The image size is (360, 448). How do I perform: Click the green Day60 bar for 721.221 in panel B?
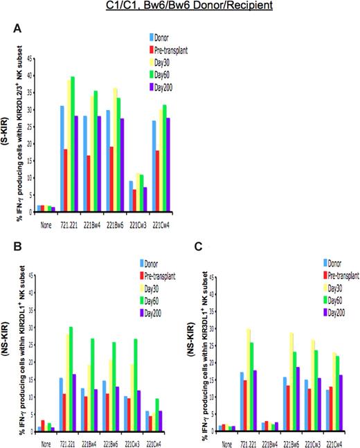coord(71,367)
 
